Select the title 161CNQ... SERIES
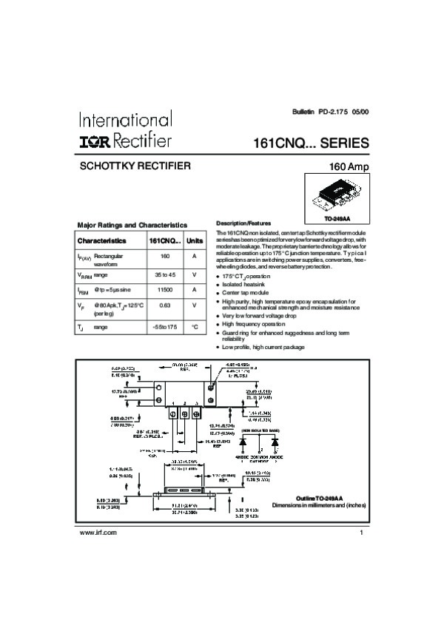coord(310,143)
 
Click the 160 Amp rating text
coord(348,167)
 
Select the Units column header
coord(194,240)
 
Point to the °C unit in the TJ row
coord(194,326)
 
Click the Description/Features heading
coord(243,223)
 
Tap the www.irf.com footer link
coord(97,533)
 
